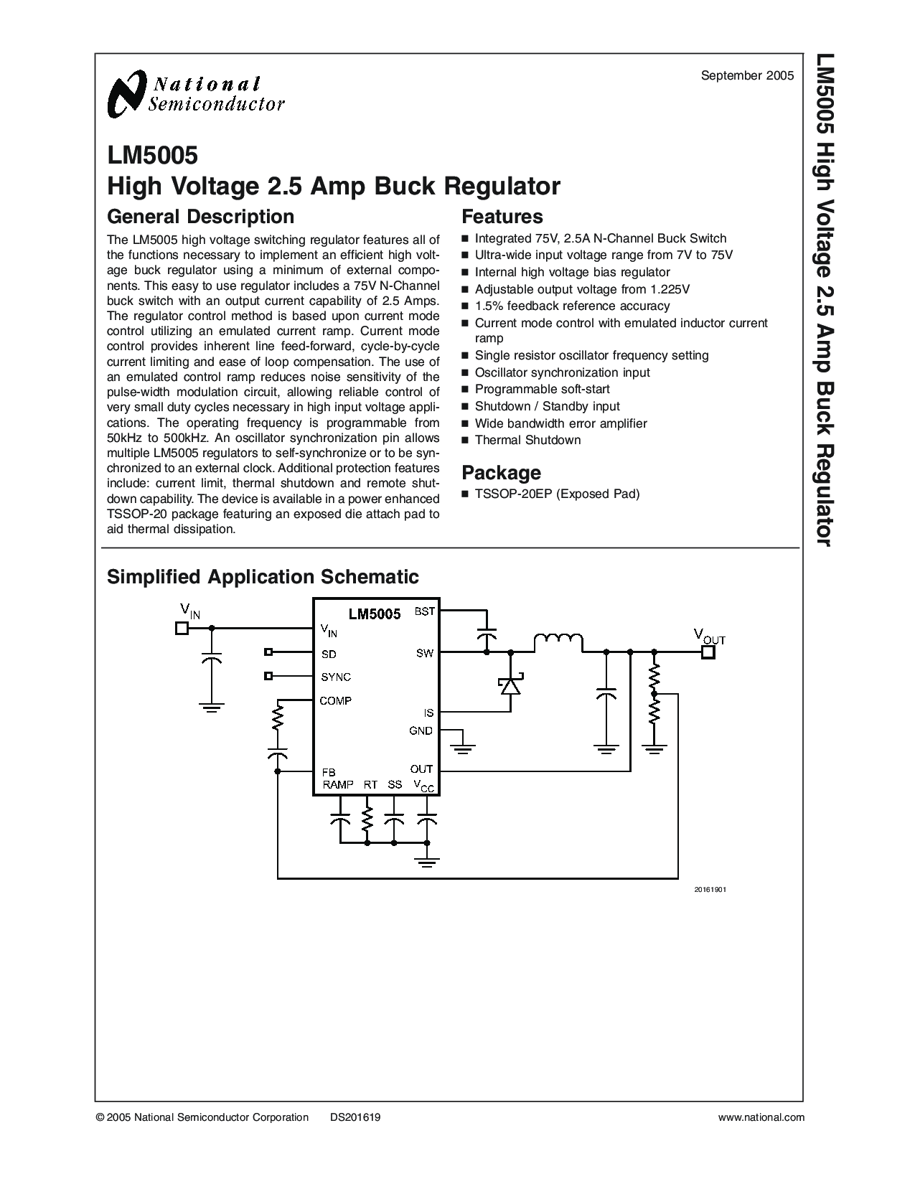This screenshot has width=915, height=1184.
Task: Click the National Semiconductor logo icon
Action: point(128,94)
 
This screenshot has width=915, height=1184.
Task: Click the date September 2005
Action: point(747,76)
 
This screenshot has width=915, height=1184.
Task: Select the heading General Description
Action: point(200,217)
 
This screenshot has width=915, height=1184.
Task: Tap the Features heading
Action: point(502,217)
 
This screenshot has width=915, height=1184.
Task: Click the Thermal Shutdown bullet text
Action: point(527,441)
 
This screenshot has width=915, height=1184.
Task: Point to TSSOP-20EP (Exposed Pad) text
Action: point(557,494)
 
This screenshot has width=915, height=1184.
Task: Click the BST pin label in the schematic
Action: point(425,611)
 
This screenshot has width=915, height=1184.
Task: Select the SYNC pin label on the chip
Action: point(336,677)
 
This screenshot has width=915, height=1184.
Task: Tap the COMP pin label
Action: point(336,700)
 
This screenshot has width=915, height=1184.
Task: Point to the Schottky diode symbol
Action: point(511,685)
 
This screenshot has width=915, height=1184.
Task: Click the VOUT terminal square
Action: point(708,652)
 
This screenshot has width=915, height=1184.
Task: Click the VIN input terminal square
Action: point(182,628)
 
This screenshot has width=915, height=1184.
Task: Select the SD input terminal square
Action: point(268,652)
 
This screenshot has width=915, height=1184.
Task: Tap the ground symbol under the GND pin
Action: point(463,748)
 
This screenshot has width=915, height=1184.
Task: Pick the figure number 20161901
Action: point(710,890)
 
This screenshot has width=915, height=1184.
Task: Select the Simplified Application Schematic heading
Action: point(263,577)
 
